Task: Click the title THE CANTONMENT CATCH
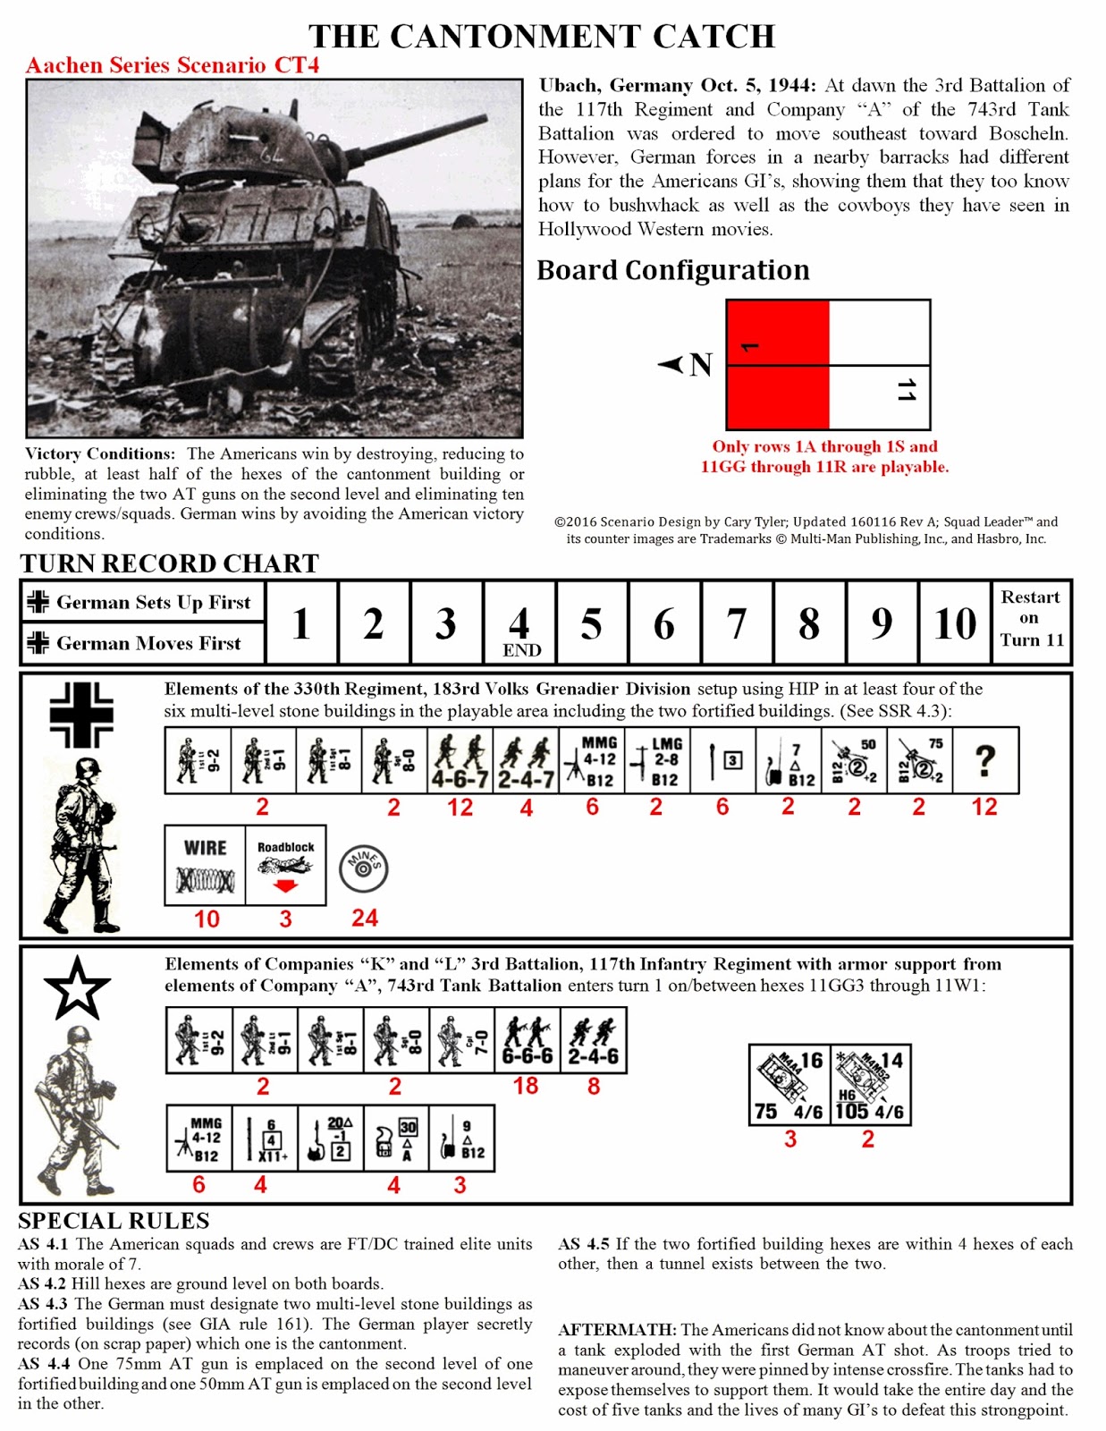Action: (542, 37)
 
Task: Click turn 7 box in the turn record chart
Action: (736, 623)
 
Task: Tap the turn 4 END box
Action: (519, 623)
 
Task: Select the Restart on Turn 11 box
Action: (1031, 619)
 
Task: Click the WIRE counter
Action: (205, 865)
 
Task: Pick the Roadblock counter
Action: (286, 865)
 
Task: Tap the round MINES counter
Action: (364, 868)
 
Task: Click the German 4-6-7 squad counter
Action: (460, 761)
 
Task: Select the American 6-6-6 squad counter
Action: (527, 1041)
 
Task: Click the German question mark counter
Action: (984, 761)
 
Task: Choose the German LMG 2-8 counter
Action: (656, 761)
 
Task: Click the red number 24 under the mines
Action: (365, 919)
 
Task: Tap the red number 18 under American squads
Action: (526, 1086)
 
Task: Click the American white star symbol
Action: (77, 987)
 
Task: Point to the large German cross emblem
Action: (81, 715)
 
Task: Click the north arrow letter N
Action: (701, 365)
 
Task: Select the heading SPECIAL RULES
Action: (114, 1221)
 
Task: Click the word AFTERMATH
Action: (617, 1330)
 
